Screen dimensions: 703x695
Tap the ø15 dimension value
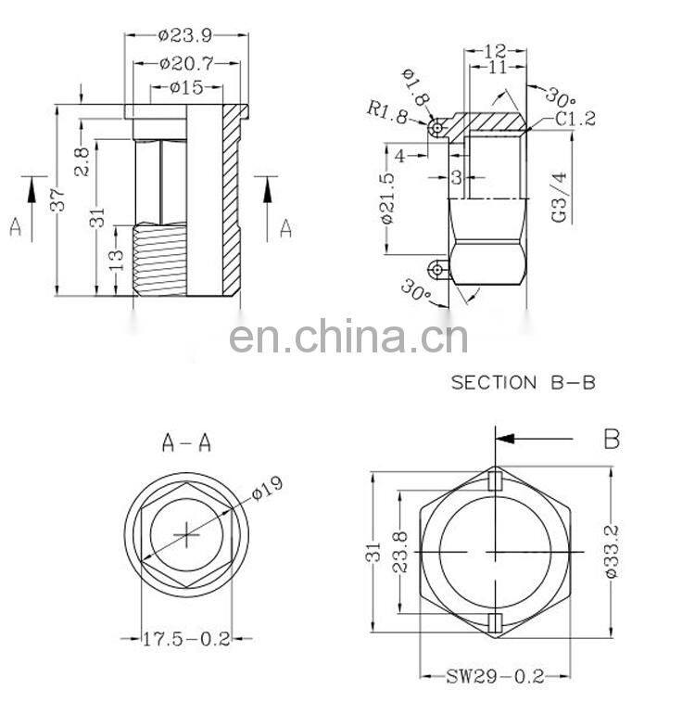tap(186, 87)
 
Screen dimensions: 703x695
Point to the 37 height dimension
tap(57, 199)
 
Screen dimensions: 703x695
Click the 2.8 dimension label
tap(82, 160)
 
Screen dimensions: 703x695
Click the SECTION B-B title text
tap(520, 382)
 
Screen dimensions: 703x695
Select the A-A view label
tap(185, 443)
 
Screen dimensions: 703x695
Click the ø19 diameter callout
tap(265, 489)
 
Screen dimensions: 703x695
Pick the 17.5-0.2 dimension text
tap(186, 638)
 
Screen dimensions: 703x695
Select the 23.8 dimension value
tap(400, 553)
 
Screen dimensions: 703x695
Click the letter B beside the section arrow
tap(611, 439)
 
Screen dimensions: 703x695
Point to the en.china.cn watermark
tap(347, 337)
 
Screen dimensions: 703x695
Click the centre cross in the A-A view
tap(186, 535)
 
